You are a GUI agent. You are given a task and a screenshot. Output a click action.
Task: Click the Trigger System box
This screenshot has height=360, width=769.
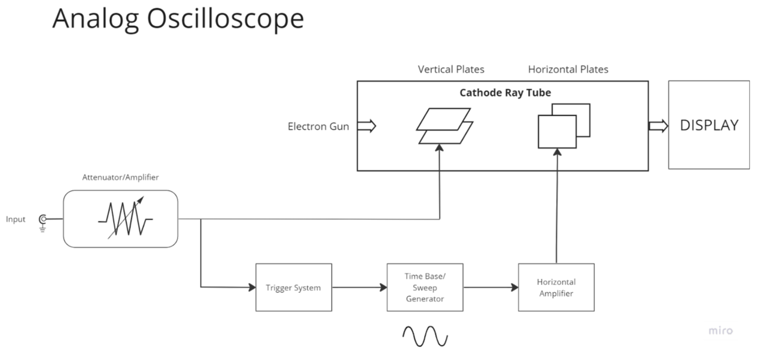pos(293,287)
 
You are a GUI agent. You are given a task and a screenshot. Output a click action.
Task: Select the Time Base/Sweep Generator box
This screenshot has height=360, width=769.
pos(425,287)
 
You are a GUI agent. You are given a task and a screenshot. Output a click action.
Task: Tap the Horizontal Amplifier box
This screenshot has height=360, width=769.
pos(556,287)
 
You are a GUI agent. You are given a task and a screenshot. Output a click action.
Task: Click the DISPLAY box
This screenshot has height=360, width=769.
pos(709,126)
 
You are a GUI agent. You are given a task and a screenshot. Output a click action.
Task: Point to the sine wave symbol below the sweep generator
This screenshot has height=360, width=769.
pos(425,336)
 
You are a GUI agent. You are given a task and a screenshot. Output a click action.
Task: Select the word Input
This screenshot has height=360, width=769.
pos(16,219)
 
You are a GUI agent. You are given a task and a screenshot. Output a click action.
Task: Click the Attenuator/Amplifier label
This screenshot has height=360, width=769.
pos(120,178)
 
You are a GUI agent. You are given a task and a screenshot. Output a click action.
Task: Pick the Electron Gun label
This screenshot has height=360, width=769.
pos(318,126)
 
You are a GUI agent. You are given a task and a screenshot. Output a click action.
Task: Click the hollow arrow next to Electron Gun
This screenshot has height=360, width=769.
pos(366,126)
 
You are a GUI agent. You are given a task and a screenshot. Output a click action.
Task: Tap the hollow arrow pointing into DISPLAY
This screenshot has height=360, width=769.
pos(658,126)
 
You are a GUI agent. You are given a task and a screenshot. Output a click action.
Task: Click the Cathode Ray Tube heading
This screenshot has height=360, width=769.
pos(505,93)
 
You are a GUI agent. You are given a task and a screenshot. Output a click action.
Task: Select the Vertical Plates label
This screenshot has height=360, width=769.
pos(451,70)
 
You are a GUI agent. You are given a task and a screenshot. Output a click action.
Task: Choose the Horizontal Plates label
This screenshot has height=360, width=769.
pos(568,70)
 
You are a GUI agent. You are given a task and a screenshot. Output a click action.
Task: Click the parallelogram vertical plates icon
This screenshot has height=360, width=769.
pos(445,126)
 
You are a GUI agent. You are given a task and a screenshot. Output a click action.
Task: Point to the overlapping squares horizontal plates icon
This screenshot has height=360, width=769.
pos(563,126)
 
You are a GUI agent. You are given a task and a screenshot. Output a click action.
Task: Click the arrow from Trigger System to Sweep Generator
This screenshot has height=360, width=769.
pos(359,287)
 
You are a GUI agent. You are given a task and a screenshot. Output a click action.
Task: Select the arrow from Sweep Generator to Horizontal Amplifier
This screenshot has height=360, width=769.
pos(491,287)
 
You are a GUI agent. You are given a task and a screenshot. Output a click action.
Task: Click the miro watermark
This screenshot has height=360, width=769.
pos(720,331)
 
